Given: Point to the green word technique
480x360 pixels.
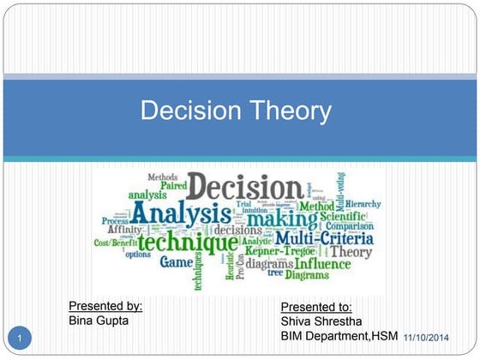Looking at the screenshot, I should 188,242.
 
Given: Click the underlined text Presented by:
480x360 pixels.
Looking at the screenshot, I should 105,305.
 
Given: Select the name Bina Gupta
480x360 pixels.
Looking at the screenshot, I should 99,321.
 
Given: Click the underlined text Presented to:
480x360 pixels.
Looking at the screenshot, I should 316,307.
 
